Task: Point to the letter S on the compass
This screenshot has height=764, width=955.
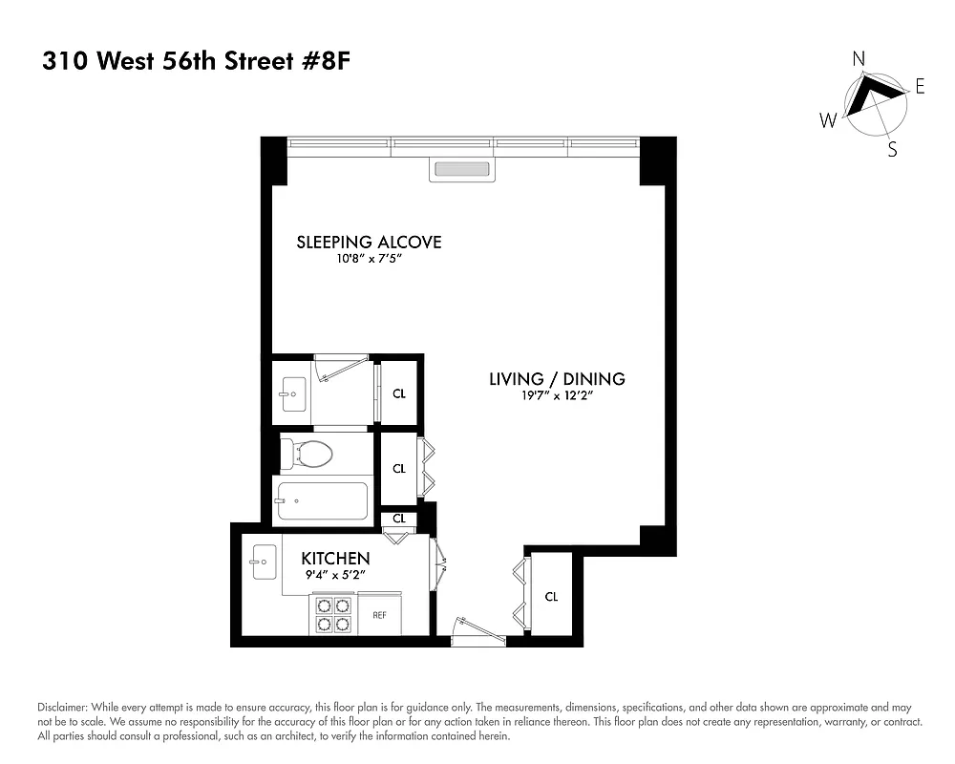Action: pyautogui.click(x=892, y=149)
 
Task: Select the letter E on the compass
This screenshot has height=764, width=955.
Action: pyautogui.click(x=920, y=87)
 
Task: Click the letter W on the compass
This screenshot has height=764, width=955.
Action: pyautogui.click(x=827, y=119)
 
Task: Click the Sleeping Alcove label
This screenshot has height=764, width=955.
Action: pyautogui.click(x=369, y=242)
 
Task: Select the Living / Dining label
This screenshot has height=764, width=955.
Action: pyautogui.click(x=557, y=379)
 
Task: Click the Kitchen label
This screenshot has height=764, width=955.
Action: pyautogui.click(x=335, y=558)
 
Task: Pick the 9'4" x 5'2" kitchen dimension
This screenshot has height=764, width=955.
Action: pyautogui.click(x=335, y=575)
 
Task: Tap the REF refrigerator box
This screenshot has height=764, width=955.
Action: pyautogui.click(x=379, y=615)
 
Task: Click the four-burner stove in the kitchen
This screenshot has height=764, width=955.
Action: pyautogui.click(x=332, y=614)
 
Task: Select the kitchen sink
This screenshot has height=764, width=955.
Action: pyautogui.click(x=263, y=562)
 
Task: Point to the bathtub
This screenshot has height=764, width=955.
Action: pyautogui.click(x=323, y=499)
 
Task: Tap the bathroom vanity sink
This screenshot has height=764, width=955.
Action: pyautogui.click(x=292, y=392)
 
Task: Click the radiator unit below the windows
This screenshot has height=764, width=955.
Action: pyautogui.click(x=463, y=170)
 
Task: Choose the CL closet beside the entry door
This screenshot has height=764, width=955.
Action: pyautogui.click(x=551, y=597)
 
